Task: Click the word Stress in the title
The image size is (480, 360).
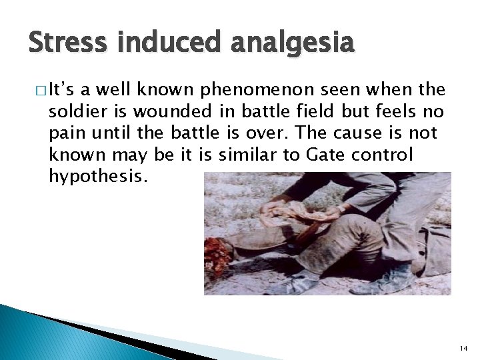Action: tap(67, 43)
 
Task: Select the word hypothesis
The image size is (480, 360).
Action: tap(95, 177)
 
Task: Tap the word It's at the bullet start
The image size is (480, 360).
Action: tap(64, 91)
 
